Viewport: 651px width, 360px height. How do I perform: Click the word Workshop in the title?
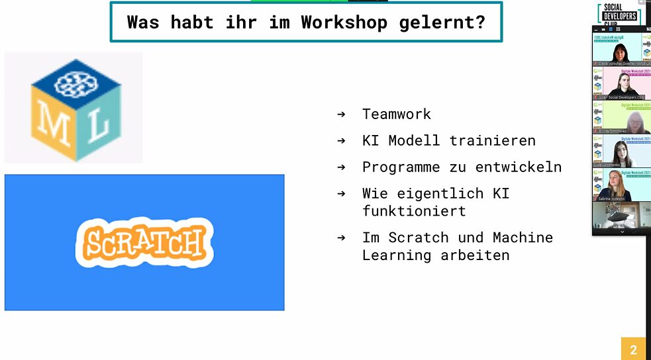[344, 22]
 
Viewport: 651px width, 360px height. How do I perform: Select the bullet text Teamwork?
[396, 114]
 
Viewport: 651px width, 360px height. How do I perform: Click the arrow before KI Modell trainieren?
[341, 140]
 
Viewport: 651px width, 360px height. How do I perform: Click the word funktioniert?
[414, 211]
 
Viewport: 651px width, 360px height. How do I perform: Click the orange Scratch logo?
[144, 242]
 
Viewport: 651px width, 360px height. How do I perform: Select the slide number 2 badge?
[633, 349]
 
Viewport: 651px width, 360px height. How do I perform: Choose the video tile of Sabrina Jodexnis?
[617, 185]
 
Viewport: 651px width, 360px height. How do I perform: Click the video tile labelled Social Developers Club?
[617, 84]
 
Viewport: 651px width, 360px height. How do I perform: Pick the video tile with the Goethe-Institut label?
[617, 50]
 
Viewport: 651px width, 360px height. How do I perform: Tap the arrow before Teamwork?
[341, 114]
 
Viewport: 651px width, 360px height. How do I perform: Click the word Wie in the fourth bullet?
[375, 193]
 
